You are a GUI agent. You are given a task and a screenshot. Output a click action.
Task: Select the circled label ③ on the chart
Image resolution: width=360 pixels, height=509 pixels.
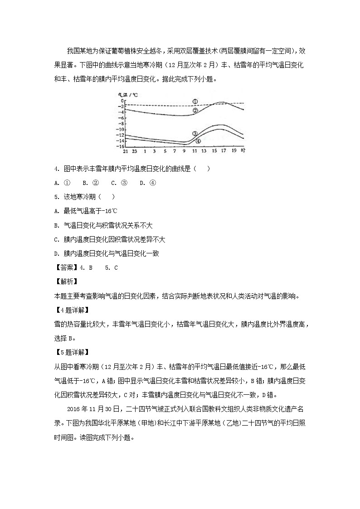tap(195, 134)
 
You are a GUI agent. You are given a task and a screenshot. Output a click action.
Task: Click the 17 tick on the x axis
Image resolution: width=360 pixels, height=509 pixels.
tap(224, 151)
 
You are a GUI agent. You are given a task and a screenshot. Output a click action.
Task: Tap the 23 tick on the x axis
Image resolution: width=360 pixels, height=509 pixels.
tap(135, 151)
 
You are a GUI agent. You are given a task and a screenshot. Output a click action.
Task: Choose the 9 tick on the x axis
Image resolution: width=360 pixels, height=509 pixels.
tap(184, 151)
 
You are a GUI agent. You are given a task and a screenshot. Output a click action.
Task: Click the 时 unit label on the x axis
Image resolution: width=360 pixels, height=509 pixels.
tap(243, 151)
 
